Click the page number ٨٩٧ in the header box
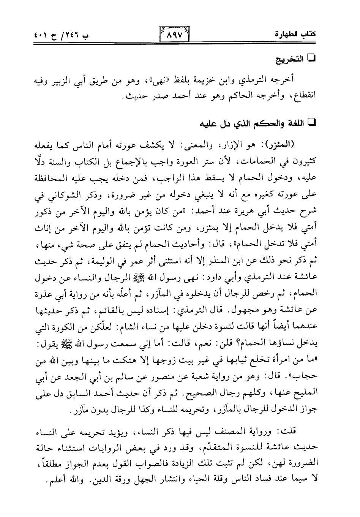(173, 37)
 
